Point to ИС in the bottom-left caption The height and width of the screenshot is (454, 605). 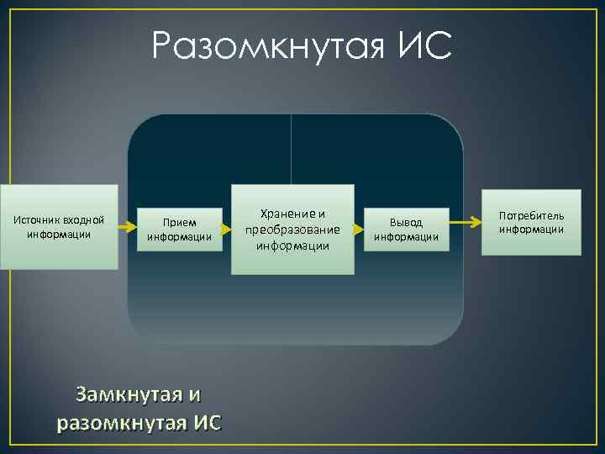tap(207, 422)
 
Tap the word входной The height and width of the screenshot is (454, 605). tap(84, 220)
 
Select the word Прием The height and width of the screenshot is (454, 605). tap(179, 223)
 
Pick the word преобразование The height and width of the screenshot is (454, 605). tap(292, 230)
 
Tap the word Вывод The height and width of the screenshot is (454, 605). tap(406, 223)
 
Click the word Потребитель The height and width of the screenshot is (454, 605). tap(531, 216)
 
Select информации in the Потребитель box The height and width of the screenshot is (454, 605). tap(531, 230)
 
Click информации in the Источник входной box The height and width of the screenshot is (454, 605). tap(59, 234)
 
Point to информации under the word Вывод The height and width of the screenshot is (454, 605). tap(406, 237)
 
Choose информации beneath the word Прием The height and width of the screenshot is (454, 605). tap(179, 237)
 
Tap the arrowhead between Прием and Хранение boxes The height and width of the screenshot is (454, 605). tap(226, 228)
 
